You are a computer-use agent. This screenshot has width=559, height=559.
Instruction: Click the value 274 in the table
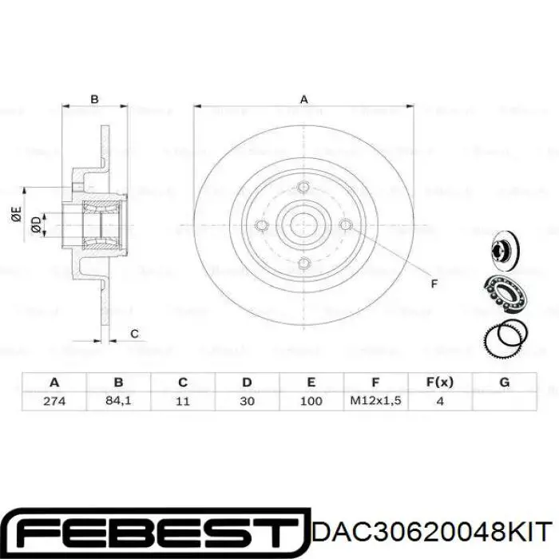54,400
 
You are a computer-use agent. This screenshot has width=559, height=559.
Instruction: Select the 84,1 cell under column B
118,400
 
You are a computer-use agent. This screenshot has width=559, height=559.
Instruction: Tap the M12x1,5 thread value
375,400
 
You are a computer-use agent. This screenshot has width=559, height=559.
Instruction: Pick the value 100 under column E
311,400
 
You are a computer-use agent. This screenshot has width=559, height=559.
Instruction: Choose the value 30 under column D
247,400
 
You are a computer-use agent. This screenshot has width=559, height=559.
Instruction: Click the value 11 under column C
183,400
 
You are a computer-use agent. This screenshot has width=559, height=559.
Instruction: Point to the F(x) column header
440,382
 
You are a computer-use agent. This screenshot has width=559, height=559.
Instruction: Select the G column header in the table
504,382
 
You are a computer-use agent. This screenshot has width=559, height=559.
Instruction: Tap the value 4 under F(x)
440,400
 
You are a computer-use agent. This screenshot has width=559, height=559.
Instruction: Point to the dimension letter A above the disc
303,99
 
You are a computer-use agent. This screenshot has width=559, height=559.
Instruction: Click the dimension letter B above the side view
94,99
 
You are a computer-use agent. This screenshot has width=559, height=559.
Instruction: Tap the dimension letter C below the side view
134,333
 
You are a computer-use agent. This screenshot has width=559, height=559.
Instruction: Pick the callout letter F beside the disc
434,284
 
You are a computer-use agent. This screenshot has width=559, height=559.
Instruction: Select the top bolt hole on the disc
303,188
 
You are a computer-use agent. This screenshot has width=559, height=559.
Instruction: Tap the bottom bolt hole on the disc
303,264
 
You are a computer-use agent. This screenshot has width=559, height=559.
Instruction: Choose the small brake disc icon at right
504,248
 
